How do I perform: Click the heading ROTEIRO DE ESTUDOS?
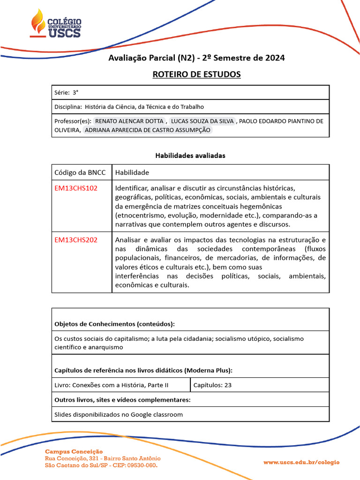[196, 74]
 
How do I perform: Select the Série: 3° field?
[67, 93]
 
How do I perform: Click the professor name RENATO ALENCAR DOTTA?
[129, 121]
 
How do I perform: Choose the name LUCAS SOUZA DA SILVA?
[202, 121]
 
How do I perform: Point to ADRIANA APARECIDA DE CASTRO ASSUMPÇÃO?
[147, 130]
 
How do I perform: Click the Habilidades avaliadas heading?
[190, 156]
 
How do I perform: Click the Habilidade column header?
[132, 172]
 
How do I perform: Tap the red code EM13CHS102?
[76, 188]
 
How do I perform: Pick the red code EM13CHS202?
[76, 240]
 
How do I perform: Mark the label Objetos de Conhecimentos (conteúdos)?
[114, 324]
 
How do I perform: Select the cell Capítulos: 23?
[212, 385]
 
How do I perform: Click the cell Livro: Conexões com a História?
[112, 385]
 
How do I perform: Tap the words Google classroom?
[157, 414]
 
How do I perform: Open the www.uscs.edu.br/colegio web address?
[301, 462]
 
